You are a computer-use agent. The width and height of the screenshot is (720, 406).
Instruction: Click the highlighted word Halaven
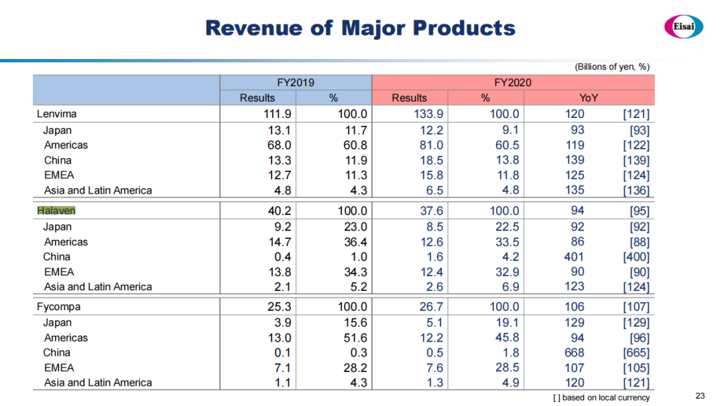pos(56,210)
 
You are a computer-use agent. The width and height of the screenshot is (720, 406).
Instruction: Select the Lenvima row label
pos(58,114)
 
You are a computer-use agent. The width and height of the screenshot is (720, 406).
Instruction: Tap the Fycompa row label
pos(58,307)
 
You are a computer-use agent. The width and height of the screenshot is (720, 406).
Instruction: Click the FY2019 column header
pos(296,82)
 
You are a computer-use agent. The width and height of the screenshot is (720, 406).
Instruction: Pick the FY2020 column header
pos(513,82)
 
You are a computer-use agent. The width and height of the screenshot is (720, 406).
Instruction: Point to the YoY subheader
pos(589,98)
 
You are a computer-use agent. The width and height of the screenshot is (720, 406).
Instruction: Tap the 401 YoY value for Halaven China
pos(575,257)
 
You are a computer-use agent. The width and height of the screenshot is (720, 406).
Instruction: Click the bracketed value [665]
pos(636,352)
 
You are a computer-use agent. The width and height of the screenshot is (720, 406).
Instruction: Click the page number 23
pos(701,395)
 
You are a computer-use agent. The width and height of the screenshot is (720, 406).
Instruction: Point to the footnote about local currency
pos(601,397)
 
